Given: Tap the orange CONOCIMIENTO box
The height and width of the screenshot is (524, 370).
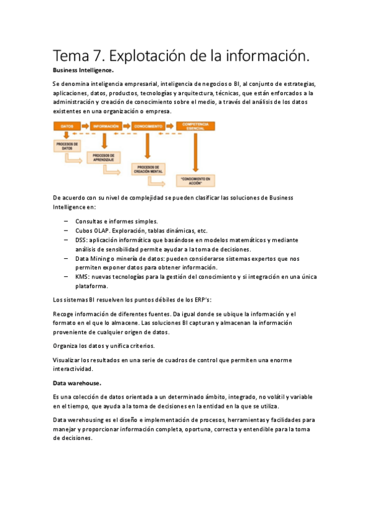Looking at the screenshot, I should pos(148,126).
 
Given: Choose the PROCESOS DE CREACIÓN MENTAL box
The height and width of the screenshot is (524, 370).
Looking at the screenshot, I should pos(147,169).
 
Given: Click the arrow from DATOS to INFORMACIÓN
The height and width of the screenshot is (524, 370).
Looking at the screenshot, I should pos(84,126).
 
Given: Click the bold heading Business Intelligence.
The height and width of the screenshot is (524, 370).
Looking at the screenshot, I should pos(83,70).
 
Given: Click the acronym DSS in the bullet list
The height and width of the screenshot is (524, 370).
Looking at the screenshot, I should pos(82,240).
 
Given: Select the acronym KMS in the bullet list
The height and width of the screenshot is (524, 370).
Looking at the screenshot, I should pos(82,277).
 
